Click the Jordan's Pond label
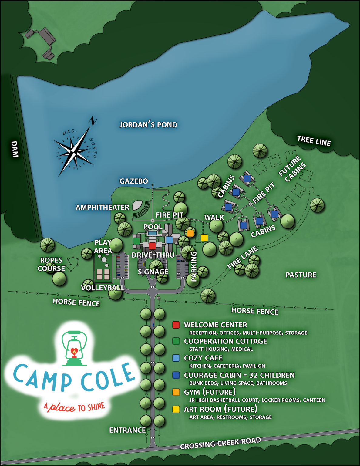(148, 125)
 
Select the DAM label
(15, 149)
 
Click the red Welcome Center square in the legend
(176, 325)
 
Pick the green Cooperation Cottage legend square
(176, 341)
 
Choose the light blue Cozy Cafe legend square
(176, 358)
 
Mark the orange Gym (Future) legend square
(176, 392)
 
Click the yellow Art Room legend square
(176, 409)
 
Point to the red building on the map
(152, 246)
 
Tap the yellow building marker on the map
(204, 238)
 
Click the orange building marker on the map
(190, 233)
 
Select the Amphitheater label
(102, 208)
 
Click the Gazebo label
(134, 181)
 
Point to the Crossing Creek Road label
(220, 443)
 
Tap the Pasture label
(301, 275)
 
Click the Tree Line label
(314, 141)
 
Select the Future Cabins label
(292, 169)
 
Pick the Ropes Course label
(51, 264)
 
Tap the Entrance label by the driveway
(127, 430)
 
